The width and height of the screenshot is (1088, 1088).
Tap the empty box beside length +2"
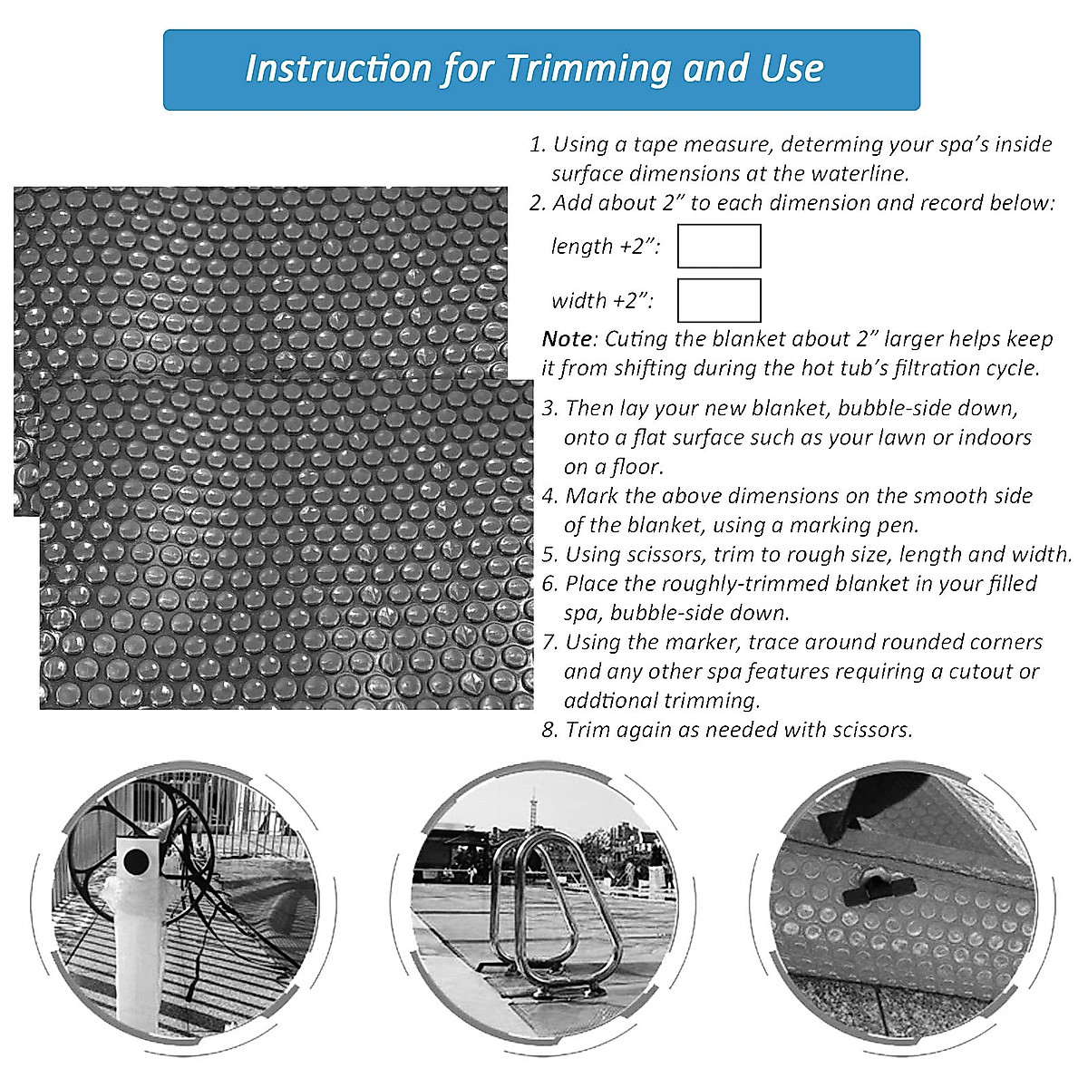coord(719,247)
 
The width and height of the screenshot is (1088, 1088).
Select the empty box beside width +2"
coord(719,300)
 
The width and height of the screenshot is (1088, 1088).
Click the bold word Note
coord(566,339)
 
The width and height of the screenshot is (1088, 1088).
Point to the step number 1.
coord(536,144)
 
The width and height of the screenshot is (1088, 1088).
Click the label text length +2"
coord(605,247)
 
